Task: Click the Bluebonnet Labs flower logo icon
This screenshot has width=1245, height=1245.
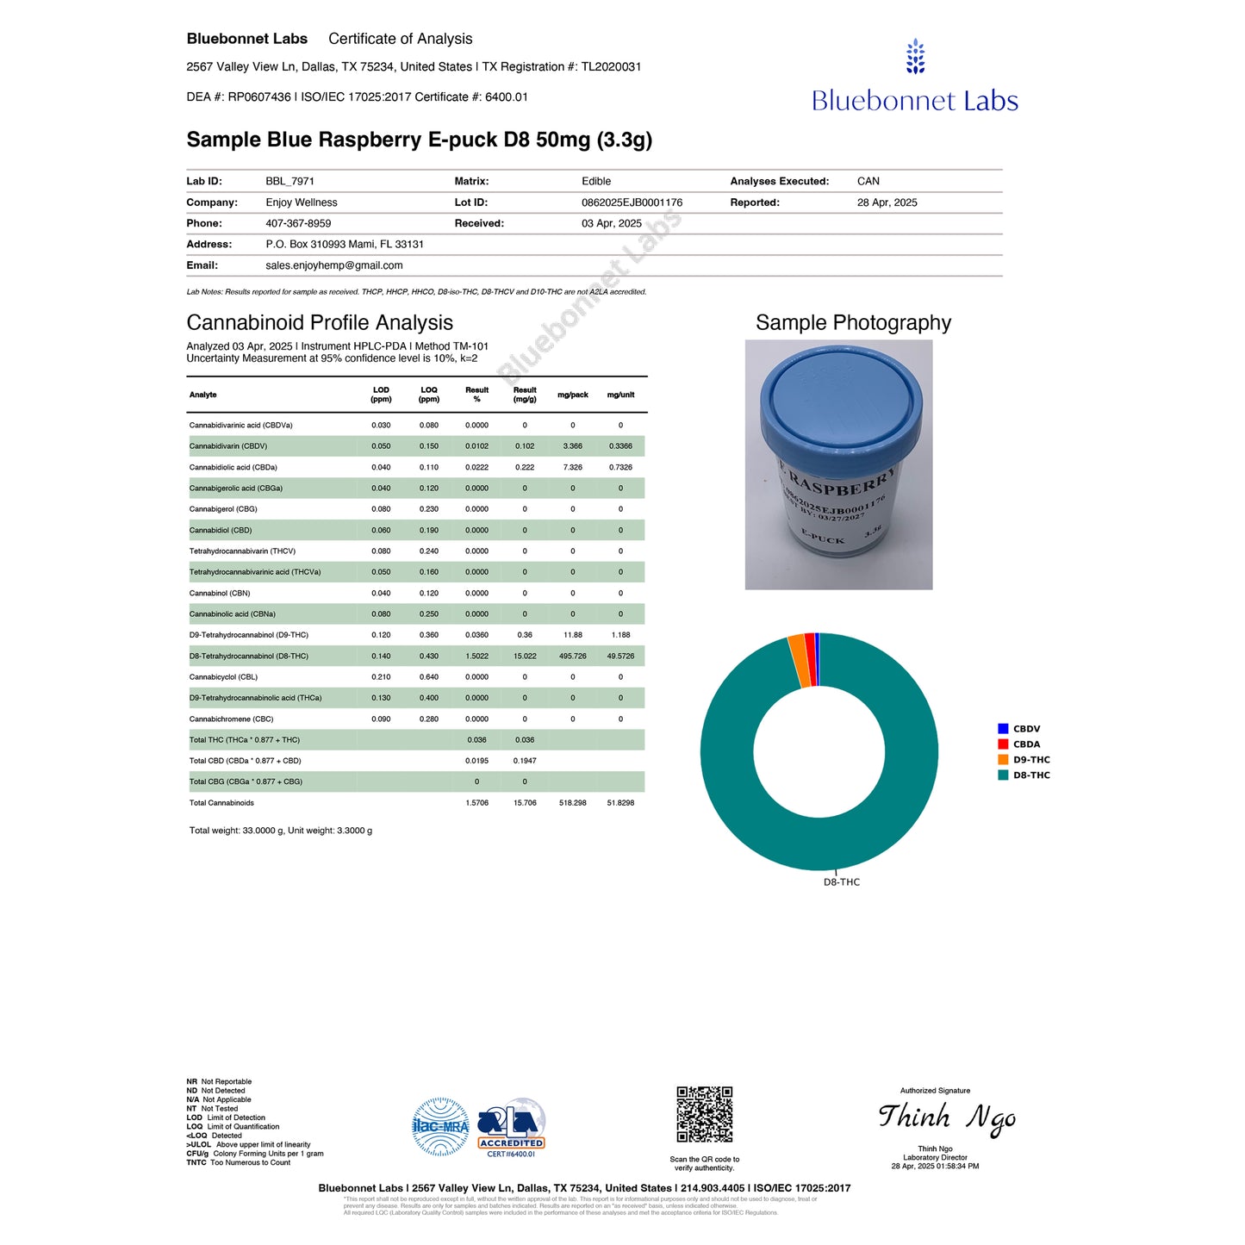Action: [915, 57]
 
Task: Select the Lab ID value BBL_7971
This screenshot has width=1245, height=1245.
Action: [289, 181]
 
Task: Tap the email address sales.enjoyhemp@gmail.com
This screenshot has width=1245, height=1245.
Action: [333, 265]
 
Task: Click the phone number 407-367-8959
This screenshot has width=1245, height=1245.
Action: [298, 223]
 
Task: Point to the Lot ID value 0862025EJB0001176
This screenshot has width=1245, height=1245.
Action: [632, 202]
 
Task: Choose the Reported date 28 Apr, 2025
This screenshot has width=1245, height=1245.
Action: [887, 202]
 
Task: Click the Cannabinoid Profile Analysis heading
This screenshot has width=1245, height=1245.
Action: [320, 322]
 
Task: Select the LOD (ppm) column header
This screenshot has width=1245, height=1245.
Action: [381, 395]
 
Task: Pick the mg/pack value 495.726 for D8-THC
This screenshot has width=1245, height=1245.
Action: [572, 657]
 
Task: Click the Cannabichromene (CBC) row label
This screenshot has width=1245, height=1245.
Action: [231, 719]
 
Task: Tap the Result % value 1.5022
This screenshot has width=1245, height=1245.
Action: [476, 657]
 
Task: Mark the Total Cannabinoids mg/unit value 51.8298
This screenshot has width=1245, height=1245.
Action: [620, 803]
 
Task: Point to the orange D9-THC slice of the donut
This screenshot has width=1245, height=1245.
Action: [798, 660]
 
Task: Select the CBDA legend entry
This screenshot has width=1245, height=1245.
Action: [1025, 744]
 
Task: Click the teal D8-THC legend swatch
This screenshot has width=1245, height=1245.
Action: [1003, 775]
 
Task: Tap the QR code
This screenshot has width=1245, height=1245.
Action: [704, 1115]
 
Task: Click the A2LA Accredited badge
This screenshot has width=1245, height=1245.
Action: [512, 1128]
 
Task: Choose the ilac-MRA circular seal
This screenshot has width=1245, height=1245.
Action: [440, 1126]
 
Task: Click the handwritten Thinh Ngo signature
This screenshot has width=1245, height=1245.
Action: [946, 1117]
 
